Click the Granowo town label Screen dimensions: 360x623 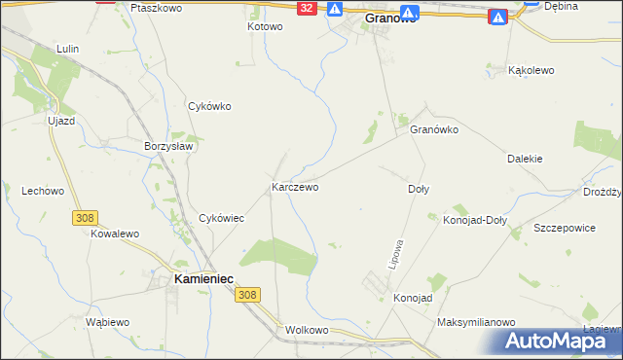click(390, 18)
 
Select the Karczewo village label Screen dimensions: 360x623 click(295, 187)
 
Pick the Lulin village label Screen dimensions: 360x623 click(67, 48)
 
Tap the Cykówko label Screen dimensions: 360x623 click(209, 107)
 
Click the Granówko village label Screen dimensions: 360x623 click(434, 129)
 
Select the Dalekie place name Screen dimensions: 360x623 click(525, 159)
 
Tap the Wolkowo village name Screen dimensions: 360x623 click(310, 330)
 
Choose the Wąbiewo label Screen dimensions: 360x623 click(107, 322)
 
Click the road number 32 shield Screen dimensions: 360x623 click(308, 8)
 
